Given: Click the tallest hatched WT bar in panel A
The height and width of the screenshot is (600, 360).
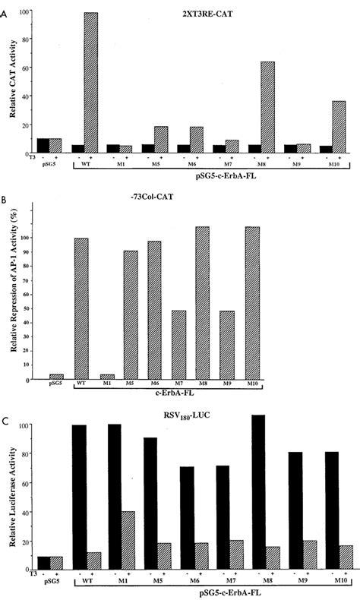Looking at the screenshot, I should (91, 83).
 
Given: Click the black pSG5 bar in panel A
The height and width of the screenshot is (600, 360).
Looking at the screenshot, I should (43, 146).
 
